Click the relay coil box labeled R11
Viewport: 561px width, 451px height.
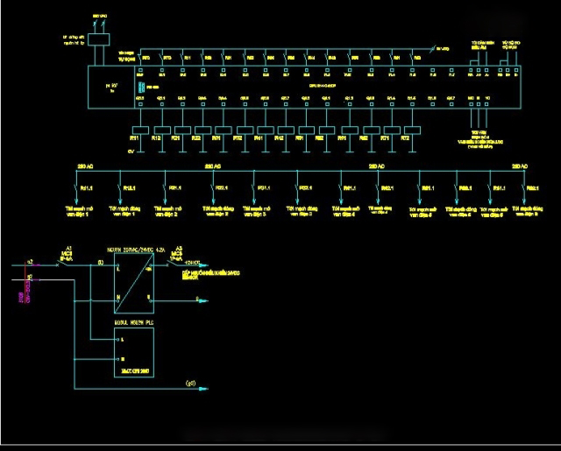pyautogui.click(x=136, y=130)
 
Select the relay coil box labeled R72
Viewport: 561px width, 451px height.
pyautogui.click(x=406, y=130)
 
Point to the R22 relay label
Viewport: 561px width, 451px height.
pyautogui.click(x=196, y=138)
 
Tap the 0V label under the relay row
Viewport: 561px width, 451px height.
pyautogui.click(x=131, y=151)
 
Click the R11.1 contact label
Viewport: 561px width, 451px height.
pyautogui.click(x=86, y=187)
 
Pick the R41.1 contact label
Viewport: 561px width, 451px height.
pyautogui.click(x=349, y=187)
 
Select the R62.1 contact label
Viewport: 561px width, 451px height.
pyautogui.click(x=531, y=187)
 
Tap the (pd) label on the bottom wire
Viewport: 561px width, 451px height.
pyautogui.click(x=189, y=384)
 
